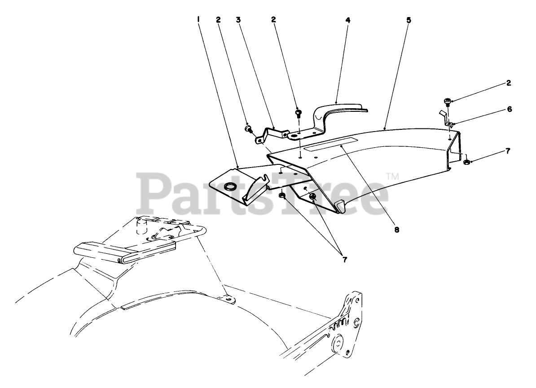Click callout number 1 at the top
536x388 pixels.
coord(198,19)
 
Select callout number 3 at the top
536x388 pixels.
coord(238,19)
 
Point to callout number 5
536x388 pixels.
coord(408,20)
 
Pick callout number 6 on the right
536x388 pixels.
coord(509,109)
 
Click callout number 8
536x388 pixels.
coord(396,229)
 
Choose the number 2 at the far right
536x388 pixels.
coord(508,83)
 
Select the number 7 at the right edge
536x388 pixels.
coord(508,151)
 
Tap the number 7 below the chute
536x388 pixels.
coord(344,259)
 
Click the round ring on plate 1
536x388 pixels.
coord(230,186)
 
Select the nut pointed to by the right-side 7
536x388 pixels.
coord(466,161)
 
